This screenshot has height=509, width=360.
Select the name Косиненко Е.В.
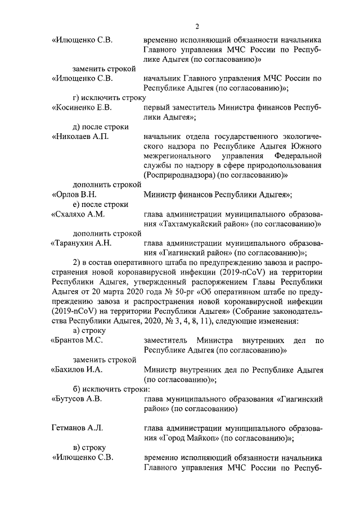(82, 107)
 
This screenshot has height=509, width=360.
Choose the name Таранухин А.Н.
(82, 243)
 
